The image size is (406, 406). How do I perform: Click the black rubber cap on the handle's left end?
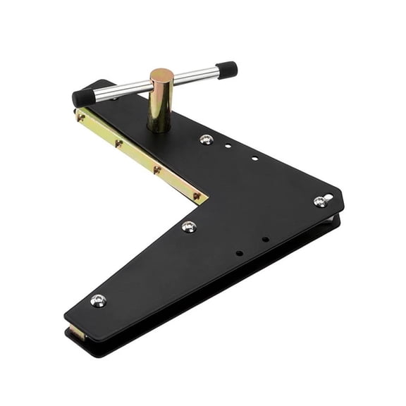82,97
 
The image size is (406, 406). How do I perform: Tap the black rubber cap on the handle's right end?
228,70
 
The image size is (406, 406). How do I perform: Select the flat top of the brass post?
161,75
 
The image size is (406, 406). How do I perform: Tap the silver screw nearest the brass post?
205,140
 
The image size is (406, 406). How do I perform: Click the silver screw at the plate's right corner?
320,202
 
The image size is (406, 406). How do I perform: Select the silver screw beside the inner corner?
188,226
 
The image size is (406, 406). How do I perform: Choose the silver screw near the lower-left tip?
98,301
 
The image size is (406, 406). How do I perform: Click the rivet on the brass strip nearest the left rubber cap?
82,118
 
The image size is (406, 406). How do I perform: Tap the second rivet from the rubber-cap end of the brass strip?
118,143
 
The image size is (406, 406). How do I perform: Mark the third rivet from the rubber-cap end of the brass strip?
156,170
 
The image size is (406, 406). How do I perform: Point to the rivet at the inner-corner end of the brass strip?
197,196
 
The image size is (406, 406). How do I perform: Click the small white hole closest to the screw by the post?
228,147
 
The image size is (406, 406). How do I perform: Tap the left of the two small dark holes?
239,252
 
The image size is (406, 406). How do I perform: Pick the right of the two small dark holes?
265,239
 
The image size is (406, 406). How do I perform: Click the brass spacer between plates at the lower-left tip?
77,333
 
